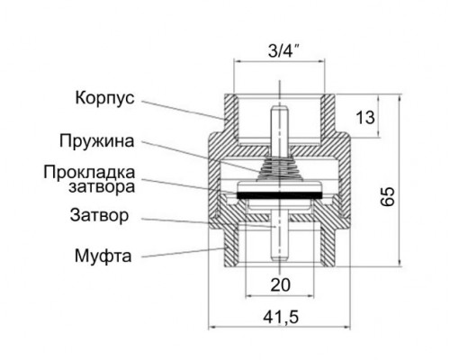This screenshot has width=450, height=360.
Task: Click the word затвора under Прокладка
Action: (x=106, y=188)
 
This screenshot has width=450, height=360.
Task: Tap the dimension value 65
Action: (x=388, y=199)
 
